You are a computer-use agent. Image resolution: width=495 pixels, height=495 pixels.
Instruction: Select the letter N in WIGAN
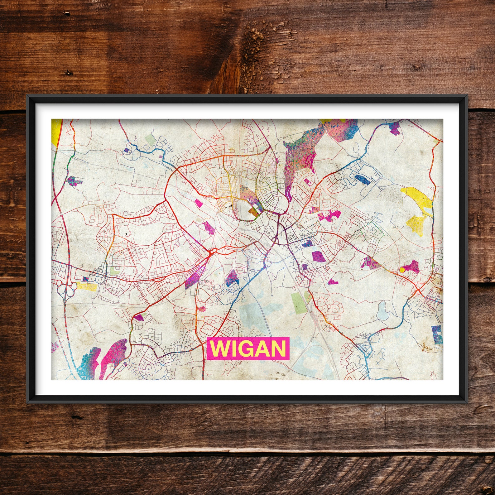pyautogui.click(x=278, y=348)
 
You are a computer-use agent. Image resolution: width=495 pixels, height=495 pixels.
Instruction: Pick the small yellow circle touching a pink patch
pyautogui.click(x=402, y=270)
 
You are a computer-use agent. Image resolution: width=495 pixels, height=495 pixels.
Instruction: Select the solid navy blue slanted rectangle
pyautogui.click(x=363, y=179)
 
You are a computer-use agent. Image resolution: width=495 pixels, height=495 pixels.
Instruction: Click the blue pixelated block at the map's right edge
pyautogui.click(x=437, y=335)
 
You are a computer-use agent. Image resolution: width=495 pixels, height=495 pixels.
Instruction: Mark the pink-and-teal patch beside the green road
pyautogui.click(x=74, y=181)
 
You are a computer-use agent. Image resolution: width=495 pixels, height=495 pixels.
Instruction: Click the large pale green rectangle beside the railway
pyautogui.click(x=297, y=302)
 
